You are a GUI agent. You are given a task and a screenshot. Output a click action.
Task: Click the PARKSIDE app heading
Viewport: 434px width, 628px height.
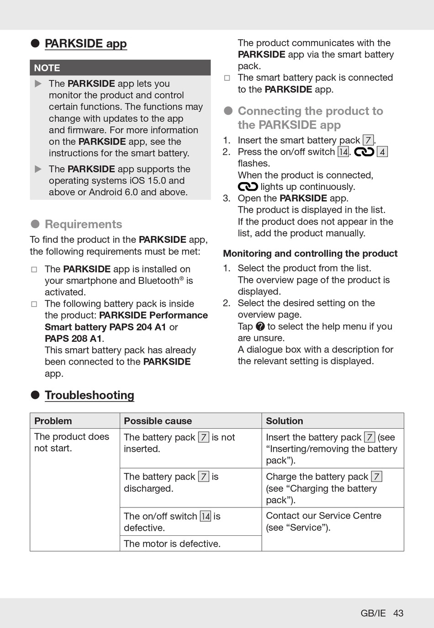85,44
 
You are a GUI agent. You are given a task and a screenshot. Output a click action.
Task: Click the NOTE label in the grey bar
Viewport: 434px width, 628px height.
47,68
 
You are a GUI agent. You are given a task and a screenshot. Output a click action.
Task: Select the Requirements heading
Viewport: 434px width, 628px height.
83,224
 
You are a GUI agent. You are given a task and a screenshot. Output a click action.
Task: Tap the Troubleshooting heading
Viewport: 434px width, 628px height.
89,395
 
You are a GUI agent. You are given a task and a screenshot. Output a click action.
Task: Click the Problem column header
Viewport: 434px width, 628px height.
53,421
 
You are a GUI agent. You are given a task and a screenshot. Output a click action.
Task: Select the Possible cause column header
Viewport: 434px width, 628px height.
158,421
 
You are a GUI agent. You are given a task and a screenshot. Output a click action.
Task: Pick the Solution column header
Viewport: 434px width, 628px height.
284,421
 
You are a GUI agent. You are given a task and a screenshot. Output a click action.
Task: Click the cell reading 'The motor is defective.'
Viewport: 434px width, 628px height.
172,544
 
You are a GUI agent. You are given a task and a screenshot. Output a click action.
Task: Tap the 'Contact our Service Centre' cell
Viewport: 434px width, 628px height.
323,521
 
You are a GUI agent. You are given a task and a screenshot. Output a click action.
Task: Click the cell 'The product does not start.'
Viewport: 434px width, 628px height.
71,442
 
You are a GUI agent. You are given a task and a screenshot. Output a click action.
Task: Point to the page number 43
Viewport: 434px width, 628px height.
398,613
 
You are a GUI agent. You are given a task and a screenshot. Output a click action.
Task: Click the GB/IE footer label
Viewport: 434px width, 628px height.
373,613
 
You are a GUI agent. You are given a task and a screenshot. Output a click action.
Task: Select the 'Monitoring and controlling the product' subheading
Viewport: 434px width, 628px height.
310,254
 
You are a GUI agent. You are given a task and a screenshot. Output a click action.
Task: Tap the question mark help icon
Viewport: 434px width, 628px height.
260,326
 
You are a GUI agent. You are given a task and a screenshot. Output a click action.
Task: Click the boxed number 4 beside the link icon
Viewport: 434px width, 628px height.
382,152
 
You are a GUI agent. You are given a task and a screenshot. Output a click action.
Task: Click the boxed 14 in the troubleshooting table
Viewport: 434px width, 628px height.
206,516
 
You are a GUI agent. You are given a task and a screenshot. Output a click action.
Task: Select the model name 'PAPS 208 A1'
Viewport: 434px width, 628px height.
73,339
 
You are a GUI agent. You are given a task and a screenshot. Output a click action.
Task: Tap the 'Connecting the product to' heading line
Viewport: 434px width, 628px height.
310,111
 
